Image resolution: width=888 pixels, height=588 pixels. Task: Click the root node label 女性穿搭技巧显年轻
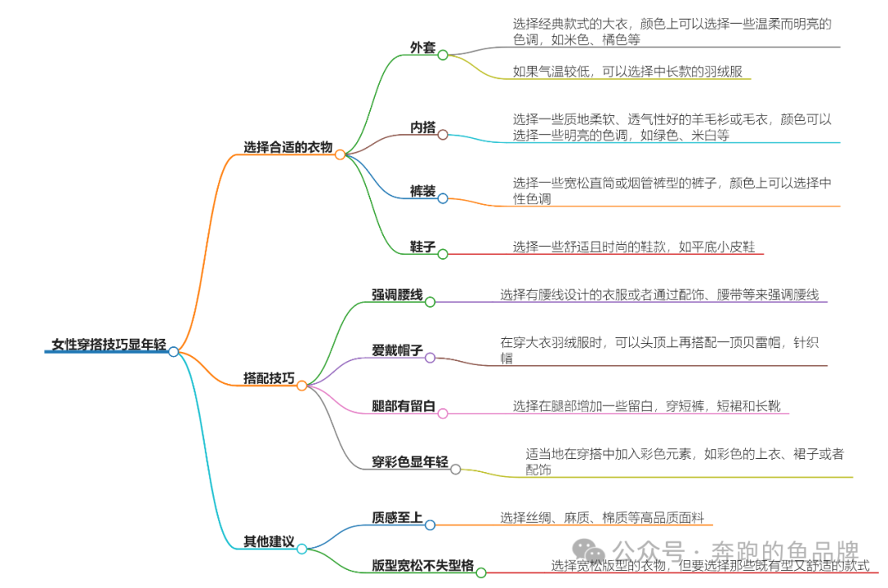pos(108,345)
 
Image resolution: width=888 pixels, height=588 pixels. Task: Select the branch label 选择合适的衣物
pos(288,147)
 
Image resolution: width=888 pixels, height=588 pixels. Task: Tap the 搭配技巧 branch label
pos(269,378)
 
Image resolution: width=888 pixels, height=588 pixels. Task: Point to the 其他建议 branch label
pos(268,541)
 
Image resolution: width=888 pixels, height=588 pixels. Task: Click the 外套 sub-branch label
pos(423,48)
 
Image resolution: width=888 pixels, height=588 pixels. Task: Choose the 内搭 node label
pos(423,127)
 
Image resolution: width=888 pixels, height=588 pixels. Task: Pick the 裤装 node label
pos(423,192)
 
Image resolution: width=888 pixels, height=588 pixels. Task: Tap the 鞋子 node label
pos(423,247)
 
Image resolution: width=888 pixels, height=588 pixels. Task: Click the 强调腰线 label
pos(397,294)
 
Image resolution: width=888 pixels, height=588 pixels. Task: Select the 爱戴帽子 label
pos(397,351)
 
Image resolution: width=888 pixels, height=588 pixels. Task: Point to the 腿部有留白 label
pos(403,406)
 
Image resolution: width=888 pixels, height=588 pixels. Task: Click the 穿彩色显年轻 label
pos(409,462)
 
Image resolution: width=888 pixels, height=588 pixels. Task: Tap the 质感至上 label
pos(397,517)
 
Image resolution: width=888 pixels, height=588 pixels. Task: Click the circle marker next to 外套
pos(442,55)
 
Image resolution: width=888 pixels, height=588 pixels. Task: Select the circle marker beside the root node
pos(173,351)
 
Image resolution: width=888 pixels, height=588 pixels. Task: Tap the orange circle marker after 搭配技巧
pos(302,385)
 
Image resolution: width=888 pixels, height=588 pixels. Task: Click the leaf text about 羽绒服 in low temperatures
pos(627,72)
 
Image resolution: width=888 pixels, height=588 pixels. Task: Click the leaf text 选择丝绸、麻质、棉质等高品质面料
pos(602,517)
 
